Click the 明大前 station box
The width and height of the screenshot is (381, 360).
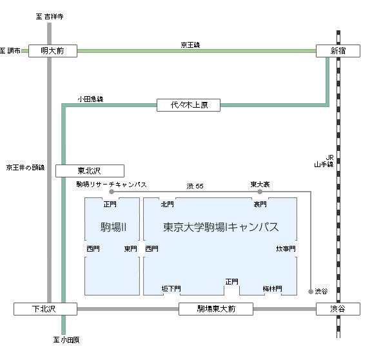[x=53, y=51]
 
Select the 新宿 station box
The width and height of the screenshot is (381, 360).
[x=338, y=51]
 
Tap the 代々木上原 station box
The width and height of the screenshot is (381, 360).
[x=188, y=105]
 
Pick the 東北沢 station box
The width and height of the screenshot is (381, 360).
[x=90, y=171]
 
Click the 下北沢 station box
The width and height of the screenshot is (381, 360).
[x=45, y=309]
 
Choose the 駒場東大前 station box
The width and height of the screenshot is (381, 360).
[x=216, y=309]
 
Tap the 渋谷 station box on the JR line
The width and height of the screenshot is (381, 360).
[x=338, y=309]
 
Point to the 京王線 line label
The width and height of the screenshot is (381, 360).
[x=190, y=45]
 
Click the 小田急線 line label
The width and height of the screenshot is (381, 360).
[x=90, y=99]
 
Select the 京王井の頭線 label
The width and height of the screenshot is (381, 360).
[x=26, y=168]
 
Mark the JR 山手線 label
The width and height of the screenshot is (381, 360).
[x=324, y=161]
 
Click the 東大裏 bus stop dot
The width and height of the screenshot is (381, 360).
[x=260, y=192]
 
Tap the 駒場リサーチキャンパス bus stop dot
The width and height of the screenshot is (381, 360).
[x=112, y=192]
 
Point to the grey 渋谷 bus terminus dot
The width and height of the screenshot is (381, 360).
[x=311, y=292]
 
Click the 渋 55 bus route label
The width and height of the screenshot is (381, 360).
[x=195, y=186]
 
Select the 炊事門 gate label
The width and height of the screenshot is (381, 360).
[x=286, y=249]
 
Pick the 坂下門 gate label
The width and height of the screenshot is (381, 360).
[x=171, y=289]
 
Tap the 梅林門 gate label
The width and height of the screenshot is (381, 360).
[x=273, y=289]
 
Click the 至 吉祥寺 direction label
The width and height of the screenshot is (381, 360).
[x=50, y=17]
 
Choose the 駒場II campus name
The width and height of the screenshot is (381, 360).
[x=113, y=228]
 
